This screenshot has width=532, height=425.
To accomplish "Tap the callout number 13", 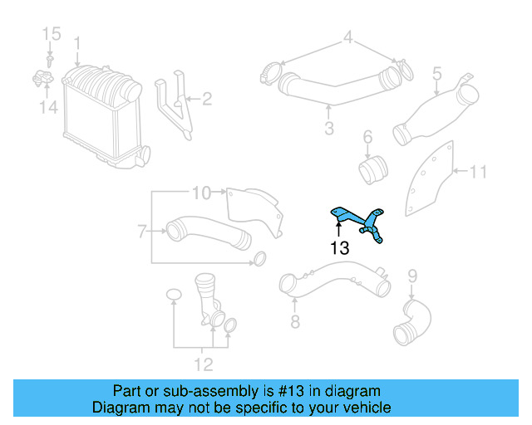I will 339,247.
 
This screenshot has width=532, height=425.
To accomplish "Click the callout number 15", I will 52,34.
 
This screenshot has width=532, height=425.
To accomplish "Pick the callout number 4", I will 349,37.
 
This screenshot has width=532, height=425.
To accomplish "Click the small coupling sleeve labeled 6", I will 372,170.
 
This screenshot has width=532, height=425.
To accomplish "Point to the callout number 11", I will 477,172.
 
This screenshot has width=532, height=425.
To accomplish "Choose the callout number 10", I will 202,193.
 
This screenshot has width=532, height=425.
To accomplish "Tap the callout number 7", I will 142,230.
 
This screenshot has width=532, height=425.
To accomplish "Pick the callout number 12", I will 204,364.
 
